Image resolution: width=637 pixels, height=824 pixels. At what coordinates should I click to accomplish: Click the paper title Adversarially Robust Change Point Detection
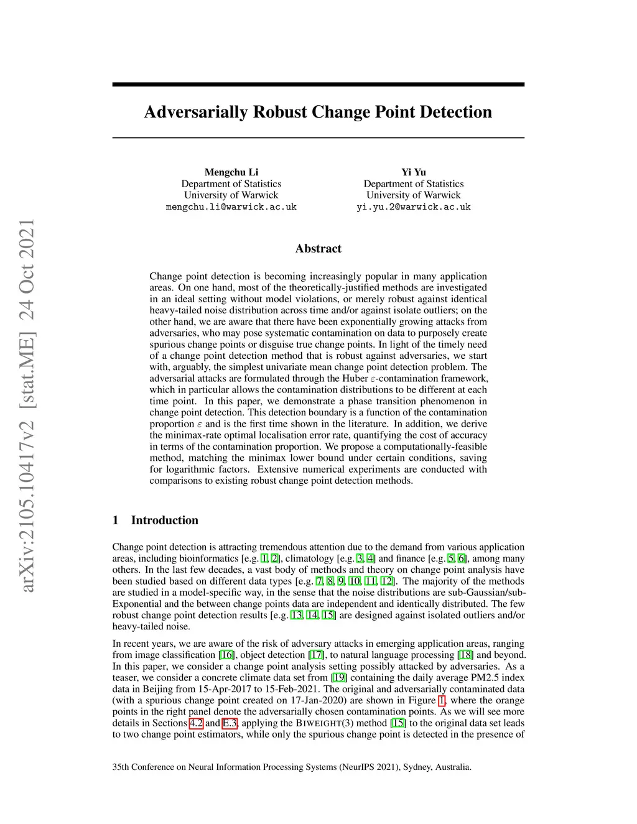(318, 112)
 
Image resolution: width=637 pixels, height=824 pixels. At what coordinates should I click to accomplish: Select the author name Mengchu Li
(231, 172)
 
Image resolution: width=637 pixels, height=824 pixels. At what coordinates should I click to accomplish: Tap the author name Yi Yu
(414, 172)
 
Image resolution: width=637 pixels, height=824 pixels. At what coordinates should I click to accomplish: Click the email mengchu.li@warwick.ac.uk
(231, 207)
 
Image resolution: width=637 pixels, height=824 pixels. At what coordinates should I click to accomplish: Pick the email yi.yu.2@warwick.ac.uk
(414, 207)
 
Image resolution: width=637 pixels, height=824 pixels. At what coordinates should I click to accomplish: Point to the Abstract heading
(318, 249)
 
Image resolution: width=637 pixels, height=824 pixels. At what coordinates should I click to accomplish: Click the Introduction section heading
(164, 521)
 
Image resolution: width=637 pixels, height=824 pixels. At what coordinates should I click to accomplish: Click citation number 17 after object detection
(316, 655)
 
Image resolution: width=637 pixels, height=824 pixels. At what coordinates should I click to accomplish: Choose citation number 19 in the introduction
(339, 678)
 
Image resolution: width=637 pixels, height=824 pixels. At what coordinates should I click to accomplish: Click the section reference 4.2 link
(196, 723)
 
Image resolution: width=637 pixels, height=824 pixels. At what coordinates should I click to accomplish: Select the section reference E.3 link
(230, 723)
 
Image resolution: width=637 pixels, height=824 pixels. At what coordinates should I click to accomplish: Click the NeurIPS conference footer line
(292, 767)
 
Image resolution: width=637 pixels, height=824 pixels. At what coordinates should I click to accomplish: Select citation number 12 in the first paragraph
(387, 581)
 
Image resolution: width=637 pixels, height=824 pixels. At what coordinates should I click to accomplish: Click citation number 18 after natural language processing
(465, 655)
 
